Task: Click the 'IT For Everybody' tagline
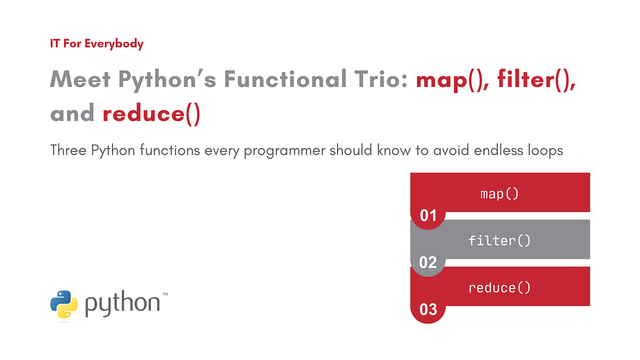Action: (97, 44)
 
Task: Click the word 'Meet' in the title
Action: (81, 80)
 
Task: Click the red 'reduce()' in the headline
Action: (151, 114)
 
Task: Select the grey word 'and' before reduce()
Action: (72, 114)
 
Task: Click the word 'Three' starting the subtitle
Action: (68, 151)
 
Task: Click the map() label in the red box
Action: (499, 194)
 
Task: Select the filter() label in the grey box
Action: (499, 241)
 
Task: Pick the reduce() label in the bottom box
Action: (499, 288)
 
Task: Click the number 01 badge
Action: (428, 216)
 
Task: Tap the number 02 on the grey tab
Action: (428, 263)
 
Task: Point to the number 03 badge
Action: (428, 310)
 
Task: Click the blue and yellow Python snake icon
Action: (64, 304)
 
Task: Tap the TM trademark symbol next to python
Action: (165, 294)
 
